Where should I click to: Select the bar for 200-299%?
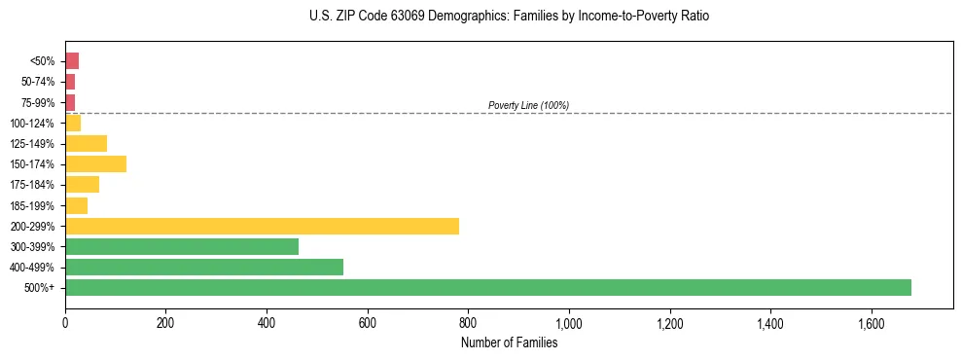click(x=262, y=226)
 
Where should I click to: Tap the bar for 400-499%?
click(x=204, y=267)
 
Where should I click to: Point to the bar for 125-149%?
click(x=86, y=143)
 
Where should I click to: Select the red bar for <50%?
click(x=72, y=60)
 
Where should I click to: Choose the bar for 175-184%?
click(x=82, y=184)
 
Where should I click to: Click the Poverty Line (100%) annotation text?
click(x=528, y=105)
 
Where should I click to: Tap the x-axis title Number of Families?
click(x=509, y=342)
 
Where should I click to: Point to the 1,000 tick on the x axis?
click(x=569, y=322)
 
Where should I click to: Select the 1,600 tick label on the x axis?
click(x=871, y=322)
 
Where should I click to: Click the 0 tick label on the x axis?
click(x=65, y=322)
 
